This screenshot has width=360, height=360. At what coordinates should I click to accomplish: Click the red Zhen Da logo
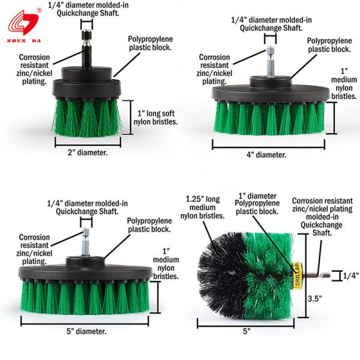coord(24,26)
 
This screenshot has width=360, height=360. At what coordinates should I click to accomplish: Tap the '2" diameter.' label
coord(88,152)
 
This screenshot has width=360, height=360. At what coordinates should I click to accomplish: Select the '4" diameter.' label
coord(266,155)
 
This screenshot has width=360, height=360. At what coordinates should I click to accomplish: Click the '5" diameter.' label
coord(86,331)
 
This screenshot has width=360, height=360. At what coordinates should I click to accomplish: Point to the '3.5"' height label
coord(315,298)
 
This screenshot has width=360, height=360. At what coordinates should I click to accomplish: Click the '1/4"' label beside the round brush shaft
coord(350,275)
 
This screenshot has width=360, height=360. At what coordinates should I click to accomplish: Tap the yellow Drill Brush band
coord(298,275)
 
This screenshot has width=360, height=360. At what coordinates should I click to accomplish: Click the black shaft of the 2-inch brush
coord(87,49)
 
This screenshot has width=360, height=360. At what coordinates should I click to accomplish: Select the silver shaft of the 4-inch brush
coord(271,62)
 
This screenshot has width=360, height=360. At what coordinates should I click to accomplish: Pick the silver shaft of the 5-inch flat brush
coord(86,242)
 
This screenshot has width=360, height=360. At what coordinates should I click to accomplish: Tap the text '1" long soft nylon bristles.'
coord(155,118)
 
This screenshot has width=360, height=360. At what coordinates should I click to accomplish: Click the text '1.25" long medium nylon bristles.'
coord(203,208)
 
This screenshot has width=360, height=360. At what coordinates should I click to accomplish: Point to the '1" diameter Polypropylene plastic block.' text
coord(257,203)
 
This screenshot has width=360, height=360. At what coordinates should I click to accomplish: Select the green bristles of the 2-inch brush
coord(87,117)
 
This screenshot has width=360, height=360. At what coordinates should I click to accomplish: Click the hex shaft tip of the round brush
coord(326,275)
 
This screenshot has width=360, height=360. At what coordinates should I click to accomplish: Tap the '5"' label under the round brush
coord(247,331)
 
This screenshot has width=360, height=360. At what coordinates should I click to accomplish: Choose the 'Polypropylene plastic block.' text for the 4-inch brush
coord(329,45)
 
